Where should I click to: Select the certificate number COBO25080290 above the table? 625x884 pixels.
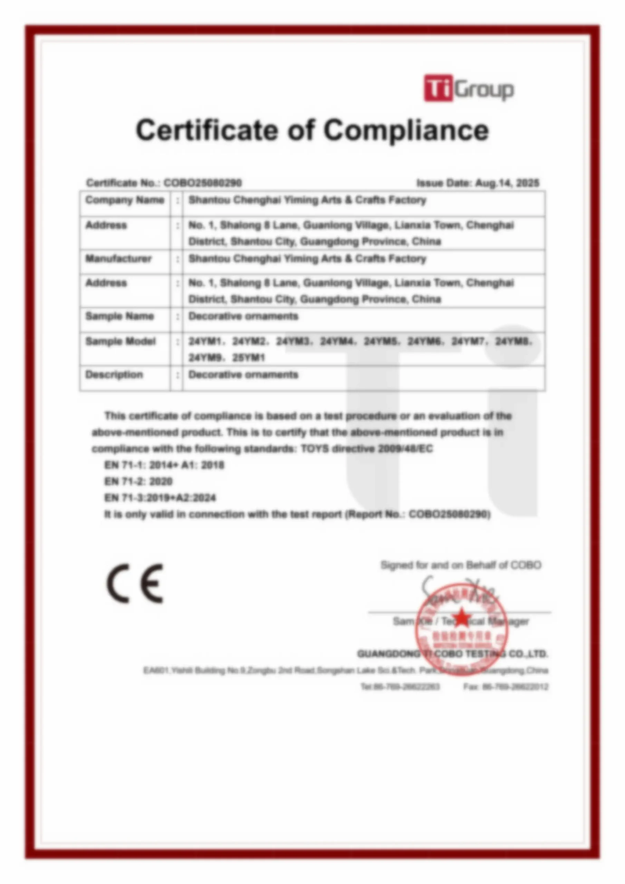(203, 183)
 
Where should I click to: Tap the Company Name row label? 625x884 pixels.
(124, 200)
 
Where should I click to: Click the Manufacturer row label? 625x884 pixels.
(118, 258)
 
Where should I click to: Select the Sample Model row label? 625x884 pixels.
(120, 341)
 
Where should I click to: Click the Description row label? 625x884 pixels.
(114, 375)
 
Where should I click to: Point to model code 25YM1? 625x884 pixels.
(248, 358)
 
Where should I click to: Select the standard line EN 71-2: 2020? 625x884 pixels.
(138, 481)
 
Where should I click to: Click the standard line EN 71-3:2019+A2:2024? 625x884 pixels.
(160, 498)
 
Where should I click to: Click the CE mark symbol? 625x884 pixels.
(135, 583)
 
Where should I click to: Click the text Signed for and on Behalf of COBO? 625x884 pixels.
(461, 565)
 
